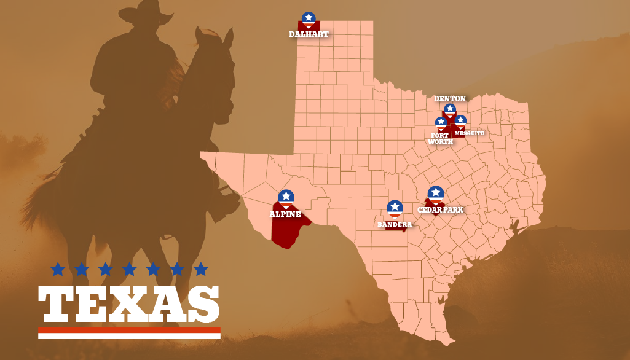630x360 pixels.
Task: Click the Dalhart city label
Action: tap(309, 34)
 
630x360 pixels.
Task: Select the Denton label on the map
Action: tap(450, 99)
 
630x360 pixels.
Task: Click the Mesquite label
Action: tap(470, 133)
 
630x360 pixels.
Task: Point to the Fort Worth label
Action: tap(440, 139)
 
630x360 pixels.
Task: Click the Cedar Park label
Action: tap(440, 210)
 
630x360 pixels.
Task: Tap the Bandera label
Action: tap(395, 225)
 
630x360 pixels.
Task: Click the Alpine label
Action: tap(285, 214)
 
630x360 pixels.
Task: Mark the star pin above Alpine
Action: tap(286, 197)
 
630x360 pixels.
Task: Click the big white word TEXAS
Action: tap(129, 305)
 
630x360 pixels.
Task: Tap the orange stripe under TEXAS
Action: tap(129, 331)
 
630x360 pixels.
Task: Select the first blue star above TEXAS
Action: tap(58, 269)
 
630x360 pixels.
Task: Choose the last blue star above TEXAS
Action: tap(201, 269)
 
